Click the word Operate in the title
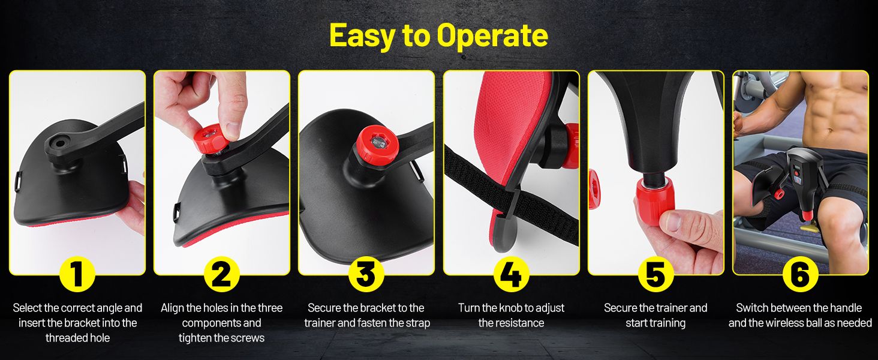[x=492, y=36]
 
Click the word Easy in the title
[x=363, y=36]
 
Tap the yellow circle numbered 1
[x=77, y=274]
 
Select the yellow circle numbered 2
[x=222, y=274]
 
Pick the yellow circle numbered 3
[x=366, y=274]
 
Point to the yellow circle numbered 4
[x=511, y=274]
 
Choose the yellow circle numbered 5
[x=656, y=274]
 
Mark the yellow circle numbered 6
[x=801, y=274]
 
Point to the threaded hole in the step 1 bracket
[x=61, y=143]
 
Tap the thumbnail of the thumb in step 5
[x=673, y=221]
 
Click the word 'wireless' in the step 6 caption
[x=790, y=323]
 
